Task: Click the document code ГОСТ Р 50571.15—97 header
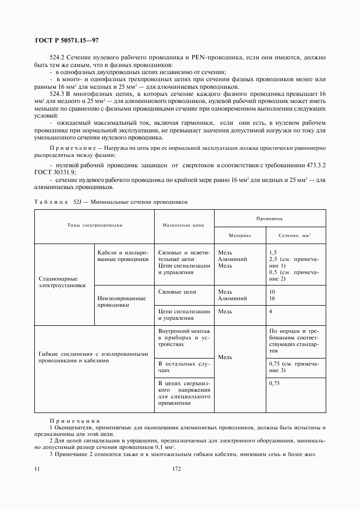click(x=67, y=41)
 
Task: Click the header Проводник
click(x=270, y=217)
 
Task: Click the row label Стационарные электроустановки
click(x=62, y=281)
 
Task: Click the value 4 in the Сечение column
click(x=271, y=311)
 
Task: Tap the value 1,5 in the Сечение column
click(x=273, y=253)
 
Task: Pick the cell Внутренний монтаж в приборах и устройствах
click(x=184, y=338)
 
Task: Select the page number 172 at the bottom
click(x=176, y=469)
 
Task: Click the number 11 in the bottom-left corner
click(x=36, y=469)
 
